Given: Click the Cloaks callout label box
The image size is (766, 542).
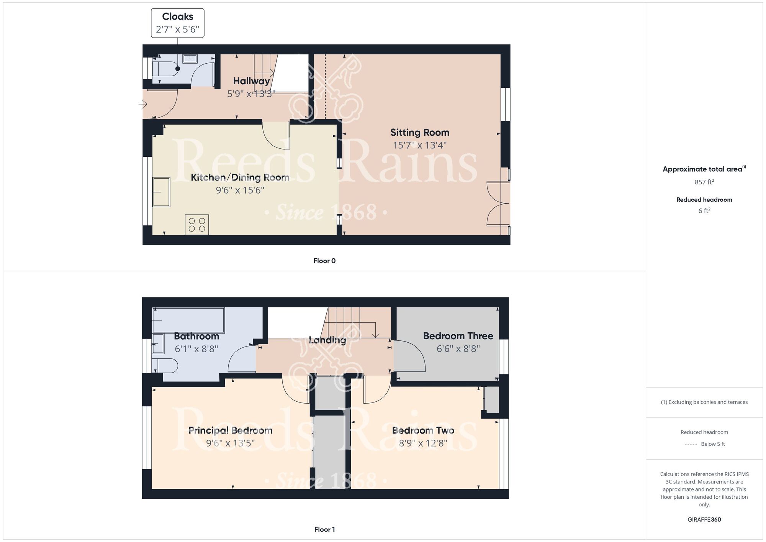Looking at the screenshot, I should tap(177, 23).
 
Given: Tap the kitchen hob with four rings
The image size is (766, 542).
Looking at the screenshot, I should tap(197, 225).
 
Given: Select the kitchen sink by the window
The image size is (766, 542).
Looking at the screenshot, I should tap(161, 192).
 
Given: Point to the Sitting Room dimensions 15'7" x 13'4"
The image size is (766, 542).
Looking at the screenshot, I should tap(419, 145).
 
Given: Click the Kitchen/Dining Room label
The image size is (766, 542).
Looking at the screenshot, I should tap(240, 177).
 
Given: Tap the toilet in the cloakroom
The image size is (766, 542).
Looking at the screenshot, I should tap(165, 69).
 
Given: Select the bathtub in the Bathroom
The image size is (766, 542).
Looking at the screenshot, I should tap(188, 320).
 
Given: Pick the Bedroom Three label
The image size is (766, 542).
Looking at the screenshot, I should tap(458, 336).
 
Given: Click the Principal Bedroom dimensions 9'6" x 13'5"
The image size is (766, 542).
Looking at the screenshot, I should tap(230, 443).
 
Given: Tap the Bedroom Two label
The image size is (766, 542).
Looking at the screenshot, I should tap(423, 430).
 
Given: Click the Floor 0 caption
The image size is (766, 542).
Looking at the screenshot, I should tap(324, 261).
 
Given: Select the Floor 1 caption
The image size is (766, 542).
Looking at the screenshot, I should tap(324, 529).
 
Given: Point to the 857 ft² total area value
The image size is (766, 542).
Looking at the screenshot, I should tap(704, 182).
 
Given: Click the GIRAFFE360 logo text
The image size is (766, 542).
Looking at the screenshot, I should tap(704, 520).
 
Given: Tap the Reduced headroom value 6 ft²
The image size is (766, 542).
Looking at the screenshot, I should tap(704, 211).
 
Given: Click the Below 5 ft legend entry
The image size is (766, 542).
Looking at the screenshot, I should tap(712, 444).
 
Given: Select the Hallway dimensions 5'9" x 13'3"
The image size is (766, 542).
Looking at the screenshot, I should tap(251, 94).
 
